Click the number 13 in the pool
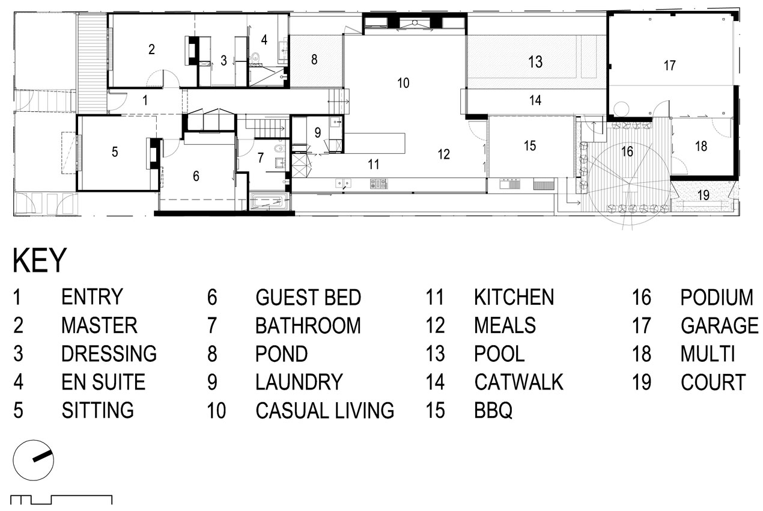[x=535, y=62]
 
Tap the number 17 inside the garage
[x=669, y=65]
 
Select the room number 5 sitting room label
[x=115, y=151]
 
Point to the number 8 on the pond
[x=314, y=60]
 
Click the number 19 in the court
[x=704, y=195]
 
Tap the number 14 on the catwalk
[x=535, y=100]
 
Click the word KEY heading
[x=40, y=260]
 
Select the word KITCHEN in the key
[x=514, y=297]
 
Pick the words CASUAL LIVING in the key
[x=324, y=410]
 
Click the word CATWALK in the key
[x=518, y=382]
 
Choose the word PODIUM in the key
[x=717, y=297]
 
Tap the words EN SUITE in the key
[x=103, y=382]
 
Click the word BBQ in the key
[x=493, y=411]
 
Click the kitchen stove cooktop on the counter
[x=378, y=184]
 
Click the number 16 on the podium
[x=627, y=151]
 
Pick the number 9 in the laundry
[x=317, y=132]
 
